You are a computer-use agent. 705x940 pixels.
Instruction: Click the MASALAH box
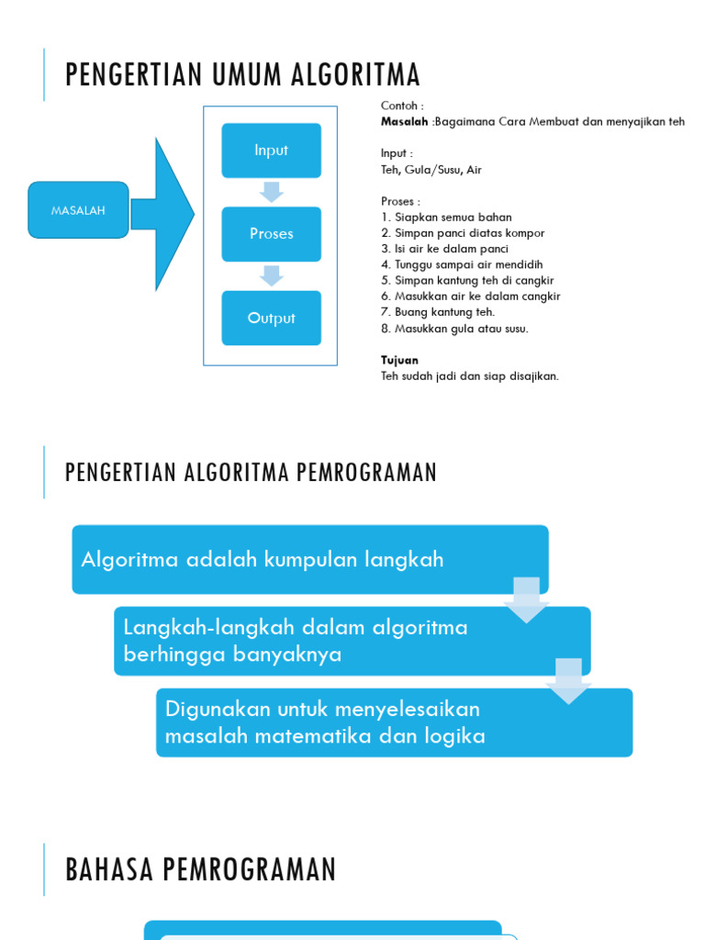[78, 210]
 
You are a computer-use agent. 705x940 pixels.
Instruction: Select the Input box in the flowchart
[271, 151]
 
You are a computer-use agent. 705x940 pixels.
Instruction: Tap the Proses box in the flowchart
[271, 234]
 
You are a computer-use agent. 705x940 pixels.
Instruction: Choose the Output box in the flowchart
[271, 319]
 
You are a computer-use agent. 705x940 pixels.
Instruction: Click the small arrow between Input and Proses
[271, 192]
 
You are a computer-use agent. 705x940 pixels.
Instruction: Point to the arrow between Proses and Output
[271, 275]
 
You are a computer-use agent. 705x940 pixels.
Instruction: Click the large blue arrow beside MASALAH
[165, 214]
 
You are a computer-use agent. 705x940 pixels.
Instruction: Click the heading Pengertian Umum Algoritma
[242, 74]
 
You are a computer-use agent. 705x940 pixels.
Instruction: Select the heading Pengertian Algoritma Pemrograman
[251, 473]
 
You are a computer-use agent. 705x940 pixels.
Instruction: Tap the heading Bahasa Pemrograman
[201, 869]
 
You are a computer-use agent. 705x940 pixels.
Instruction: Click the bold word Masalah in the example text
[404, 122]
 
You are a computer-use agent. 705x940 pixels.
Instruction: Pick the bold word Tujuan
[399, 360]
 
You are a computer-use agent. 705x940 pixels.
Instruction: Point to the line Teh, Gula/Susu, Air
[431, 170]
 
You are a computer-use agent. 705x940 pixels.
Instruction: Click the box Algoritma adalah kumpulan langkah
[309, 560]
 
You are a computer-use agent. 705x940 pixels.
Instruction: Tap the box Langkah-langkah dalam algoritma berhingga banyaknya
[352, 641]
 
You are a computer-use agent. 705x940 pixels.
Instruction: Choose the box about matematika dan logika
[394, 722]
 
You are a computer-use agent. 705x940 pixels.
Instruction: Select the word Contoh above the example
[402, 106]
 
